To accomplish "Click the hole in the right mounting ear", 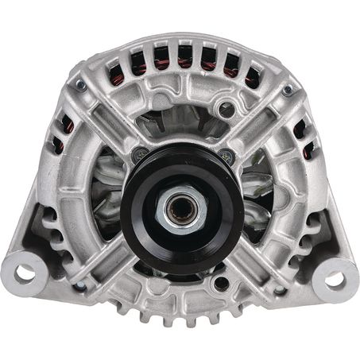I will point(335,278).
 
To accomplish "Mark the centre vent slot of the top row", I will point(184,55).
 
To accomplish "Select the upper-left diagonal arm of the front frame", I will point(111,127).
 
